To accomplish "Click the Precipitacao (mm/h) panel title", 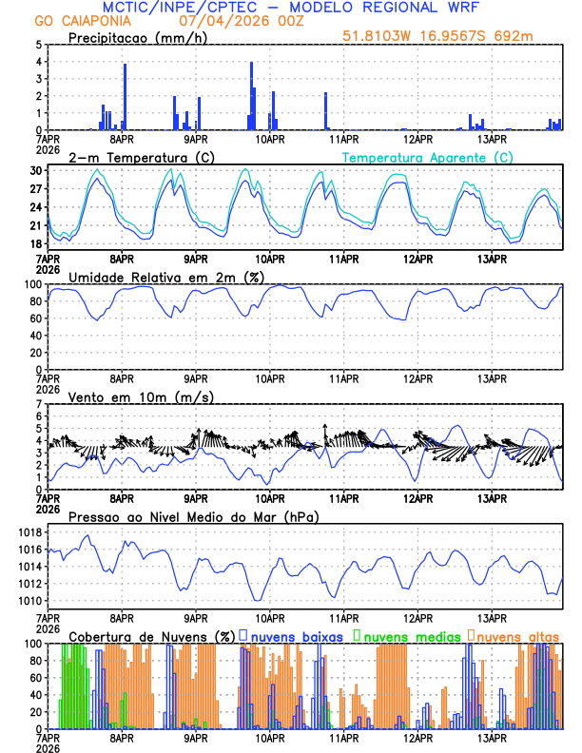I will (133, 37).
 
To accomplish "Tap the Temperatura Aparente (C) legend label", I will (428, 157).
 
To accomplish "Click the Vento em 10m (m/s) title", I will (141, 396).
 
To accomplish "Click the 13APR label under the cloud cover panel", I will (491, 739).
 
